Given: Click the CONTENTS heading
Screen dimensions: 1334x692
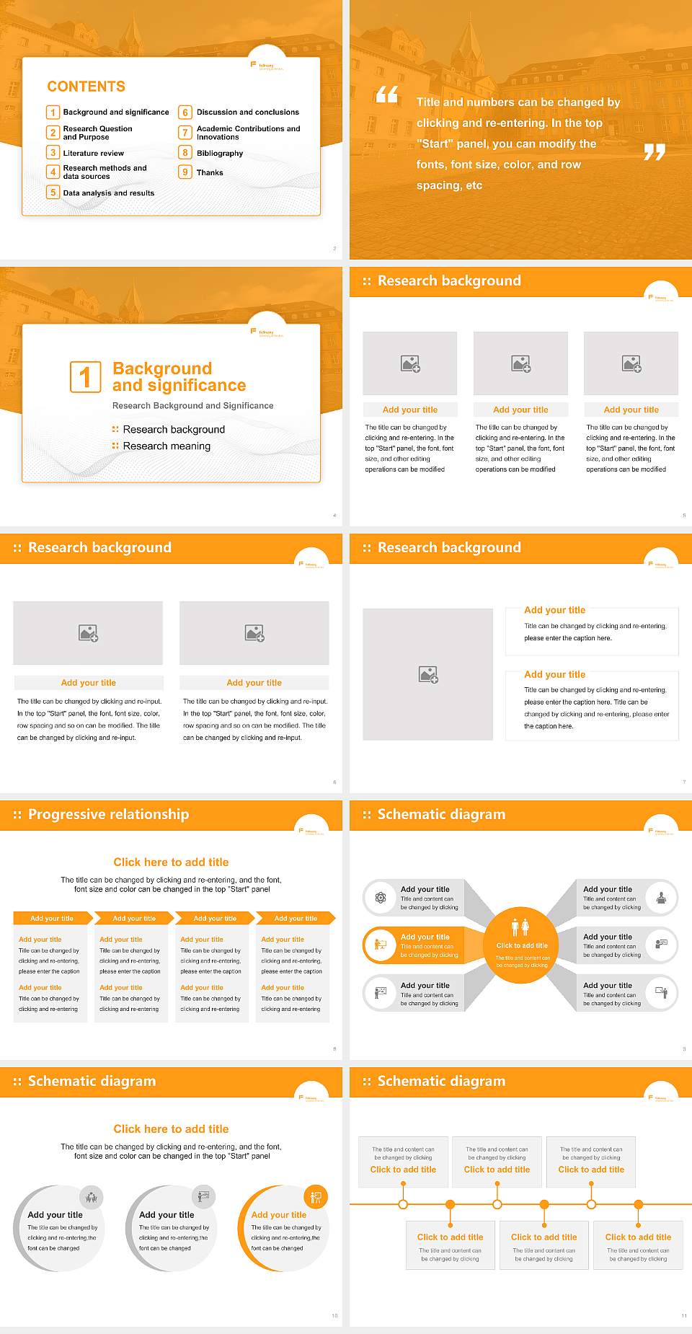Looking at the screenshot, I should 86,87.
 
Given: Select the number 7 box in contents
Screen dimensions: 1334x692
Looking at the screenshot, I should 185,133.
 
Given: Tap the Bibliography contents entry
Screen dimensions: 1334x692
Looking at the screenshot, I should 219,153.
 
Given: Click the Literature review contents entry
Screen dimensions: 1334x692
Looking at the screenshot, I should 93,153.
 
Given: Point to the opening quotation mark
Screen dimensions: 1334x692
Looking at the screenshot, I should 387,94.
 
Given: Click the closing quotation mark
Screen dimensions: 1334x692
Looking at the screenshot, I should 654,152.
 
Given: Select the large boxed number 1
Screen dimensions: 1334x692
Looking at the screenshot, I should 85,376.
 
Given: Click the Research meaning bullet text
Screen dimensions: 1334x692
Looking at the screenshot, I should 167,446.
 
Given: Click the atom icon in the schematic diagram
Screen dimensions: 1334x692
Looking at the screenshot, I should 380,898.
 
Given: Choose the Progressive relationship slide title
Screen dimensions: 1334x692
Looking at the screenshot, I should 108,814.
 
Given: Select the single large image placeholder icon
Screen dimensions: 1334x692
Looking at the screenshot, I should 428,675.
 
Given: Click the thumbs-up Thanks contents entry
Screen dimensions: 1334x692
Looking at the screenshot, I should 210,172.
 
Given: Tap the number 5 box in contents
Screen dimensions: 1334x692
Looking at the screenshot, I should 53,193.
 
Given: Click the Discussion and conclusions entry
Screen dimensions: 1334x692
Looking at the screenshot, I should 247,112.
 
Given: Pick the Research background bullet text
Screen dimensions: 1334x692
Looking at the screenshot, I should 174,430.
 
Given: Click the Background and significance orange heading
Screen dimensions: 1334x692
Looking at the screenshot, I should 179,377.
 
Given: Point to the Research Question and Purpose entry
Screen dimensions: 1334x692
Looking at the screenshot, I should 97,133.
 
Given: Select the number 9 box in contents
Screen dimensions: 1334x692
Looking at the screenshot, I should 185,172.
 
